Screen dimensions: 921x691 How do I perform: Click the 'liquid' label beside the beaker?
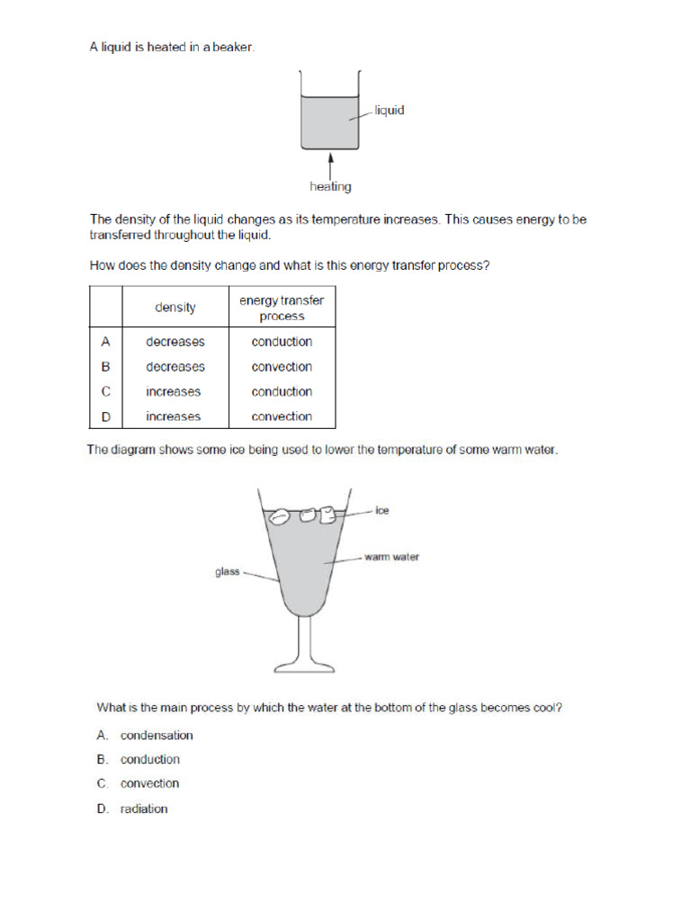(390, 111)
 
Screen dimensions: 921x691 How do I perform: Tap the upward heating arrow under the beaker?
(331, 166)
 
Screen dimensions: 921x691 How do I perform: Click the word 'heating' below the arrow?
(330, 187)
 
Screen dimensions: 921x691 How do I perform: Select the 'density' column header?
(175, 308)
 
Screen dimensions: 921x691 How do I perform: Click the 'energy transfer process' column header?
(282, 308)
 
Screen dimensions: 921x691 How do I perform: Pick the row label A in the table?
(105, 342)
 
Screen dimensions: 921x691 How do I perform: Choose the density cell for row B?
(175, 367)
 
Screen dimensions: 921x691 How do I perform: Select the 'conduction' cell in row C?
(282, 392)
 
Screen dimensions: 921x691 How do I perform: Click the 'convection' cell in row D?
(282, 416)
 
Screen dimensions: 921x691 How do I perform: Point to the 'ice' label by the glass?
(382, 511)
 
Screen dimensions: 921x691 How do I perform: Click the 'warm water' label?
(391, 558)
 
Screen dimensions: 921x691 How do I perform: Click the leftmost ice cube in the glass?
(280, 516)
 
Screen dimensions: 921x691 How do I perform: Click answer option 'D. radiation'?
(132, 809)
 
